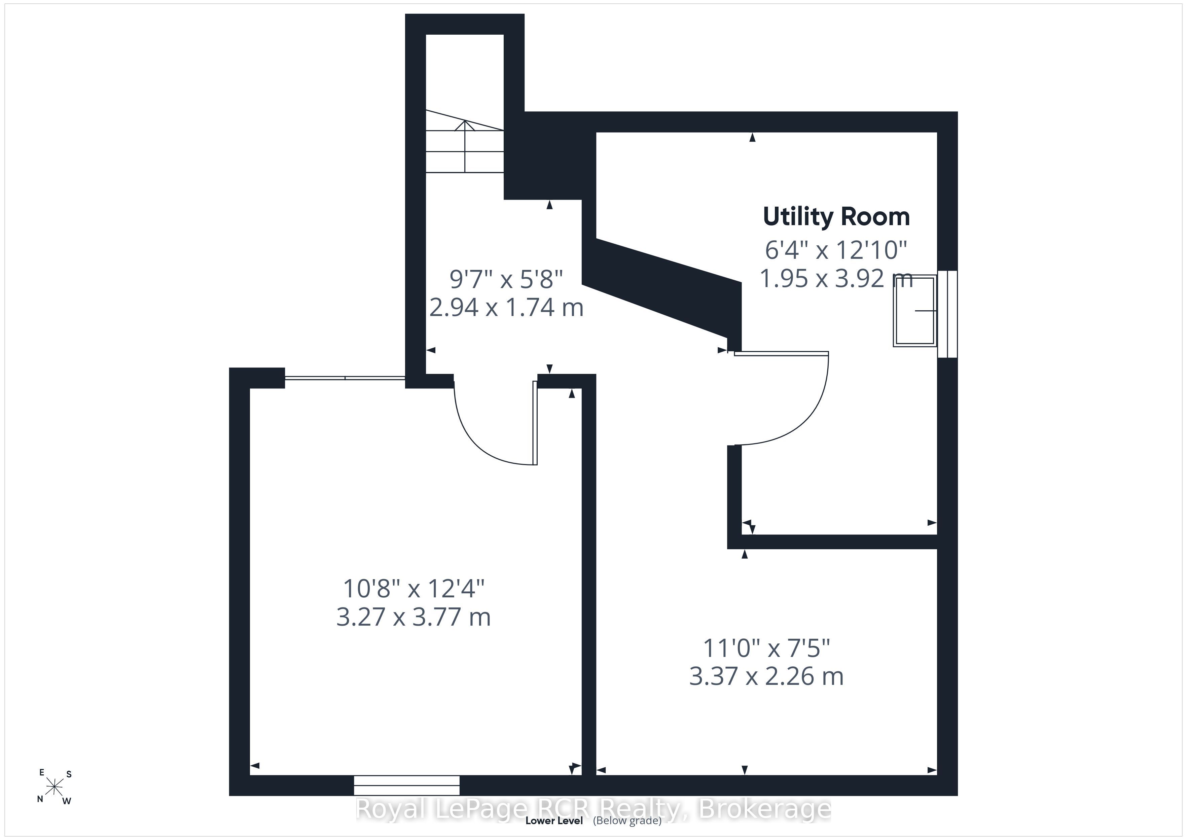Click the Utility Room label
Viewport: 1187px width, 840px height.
coord(836,217)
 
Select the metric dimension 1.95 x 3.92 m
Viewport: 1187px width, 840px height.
coord(836,279)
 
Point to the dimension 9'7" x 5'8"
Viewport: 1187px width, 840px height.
coord(506,279)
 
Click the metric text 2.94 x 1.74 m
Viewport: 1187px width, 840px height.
coord(506,308)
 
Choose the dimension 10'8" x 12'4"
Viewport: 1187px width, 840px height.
coord(413,588)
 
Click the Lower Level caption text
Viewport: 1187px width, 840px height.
coord(554,820)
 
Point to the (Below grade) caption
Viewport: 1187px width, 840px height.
coord(627,821)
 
